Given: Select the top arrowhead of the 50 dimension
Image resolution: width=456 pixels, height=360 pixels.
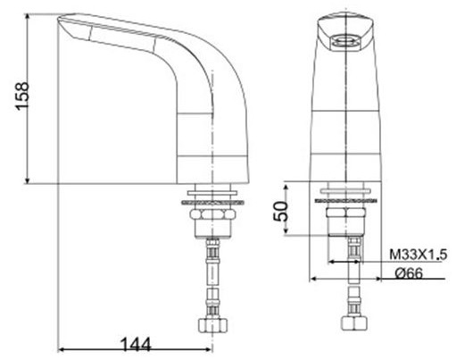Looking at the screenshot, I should click(286, 187).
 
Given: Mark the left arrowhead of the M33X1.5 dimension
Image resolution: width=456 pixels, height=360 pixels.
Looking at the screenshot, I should click(329, 263).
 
